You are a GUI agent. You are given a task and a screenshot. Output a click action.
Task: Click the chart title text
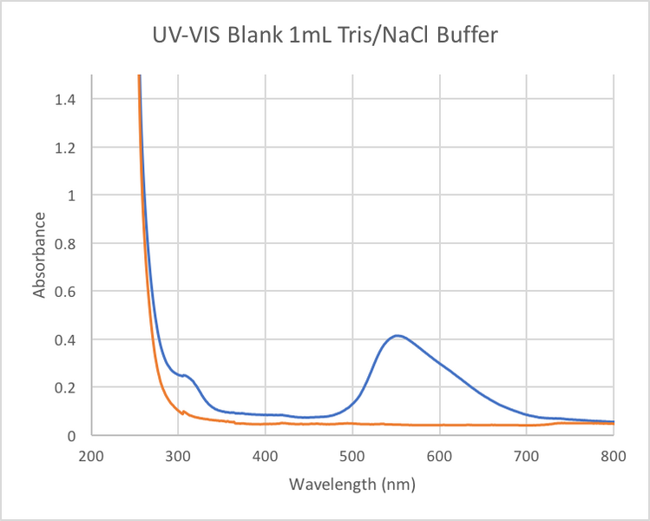click(x=325, y=36)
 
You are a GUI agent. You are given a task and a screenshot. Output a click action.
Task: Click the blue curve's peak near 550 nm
click(x=397, y=335)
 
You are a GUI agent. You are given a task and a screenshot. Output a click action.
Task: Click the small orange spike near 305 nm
click(x=182, y=411)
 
